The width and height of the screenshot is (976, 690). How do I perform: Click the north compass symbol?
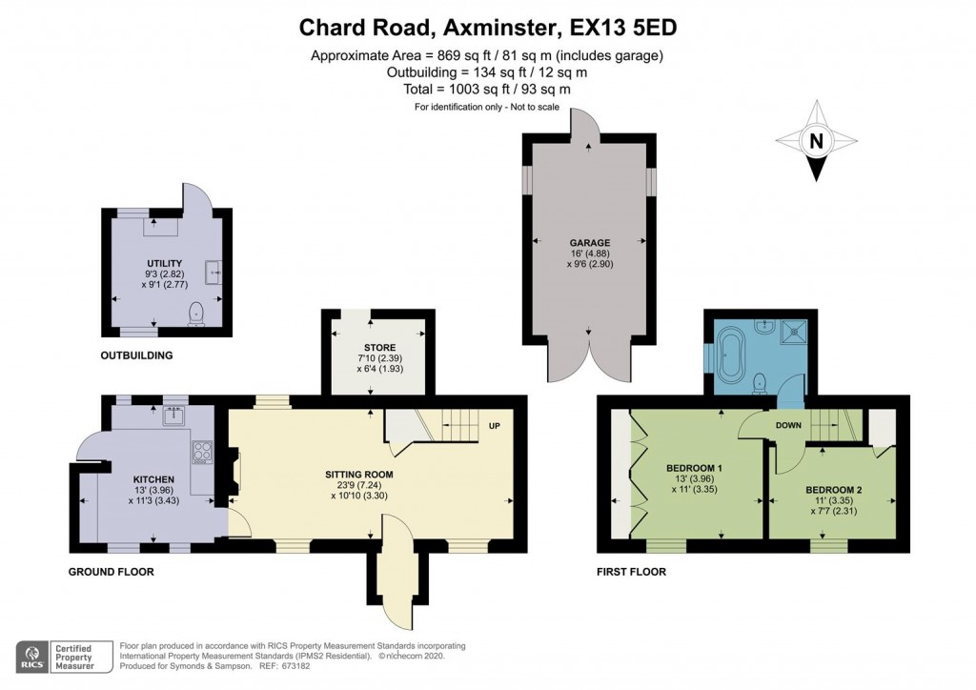[x=816, y=140]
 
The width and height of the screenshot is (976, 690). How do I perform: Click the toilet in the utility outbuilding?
[x=197, y=312]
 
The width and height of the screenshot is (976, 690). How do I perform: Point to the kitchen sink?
[x=175, y=416]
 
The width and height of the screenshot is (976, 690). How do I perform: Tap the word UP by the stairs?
[x=494, y=425]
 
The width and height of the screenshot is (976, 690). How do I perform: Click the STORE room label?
[x=378, y=347]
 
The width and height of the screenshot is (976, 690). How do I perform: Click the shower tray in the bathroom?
[x=794, y=332]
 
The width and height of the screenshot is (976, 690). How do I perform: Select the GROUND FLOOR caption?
[x=111, y=572]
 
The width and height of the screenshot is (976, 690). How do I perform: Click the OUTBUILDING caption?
[x=136, y=355]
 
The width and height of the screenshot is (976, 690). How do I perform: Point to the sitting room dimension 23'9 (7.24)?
[x=357, y=484]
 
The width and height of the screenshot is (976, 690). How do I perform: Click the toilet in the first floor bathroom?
[x=760, y=382]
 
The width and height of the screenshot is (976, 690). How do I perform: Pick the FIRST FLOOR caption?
[x=632, y=572]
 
